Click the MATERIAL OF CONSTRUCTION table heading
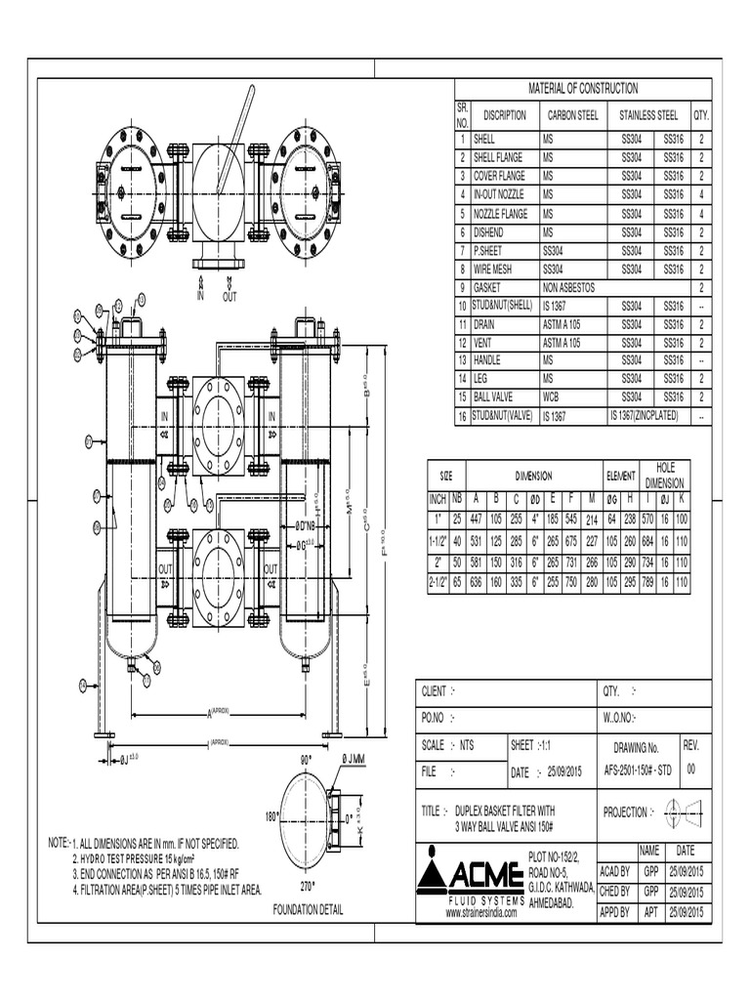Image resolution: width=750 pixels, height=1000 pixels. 583,88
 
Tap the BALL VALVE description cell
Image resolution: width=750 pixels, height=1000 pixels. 497,397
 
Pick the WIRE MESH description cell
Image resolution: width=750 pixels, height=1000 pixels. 498,269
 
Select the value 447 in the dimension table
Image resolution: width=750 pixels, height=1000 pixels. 476,518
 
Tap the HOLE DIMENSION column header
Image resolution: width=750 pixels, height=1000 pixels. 664,476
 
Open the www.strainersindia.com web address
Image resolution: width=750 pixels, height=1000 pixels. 480,912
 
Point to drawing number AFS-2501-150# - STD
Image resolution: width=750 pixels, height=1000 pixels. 636,769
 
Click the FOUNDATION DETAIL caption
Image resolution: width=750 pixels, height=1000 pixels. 308,909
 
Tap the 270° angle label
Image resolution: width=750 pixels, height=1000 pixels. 309,888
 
